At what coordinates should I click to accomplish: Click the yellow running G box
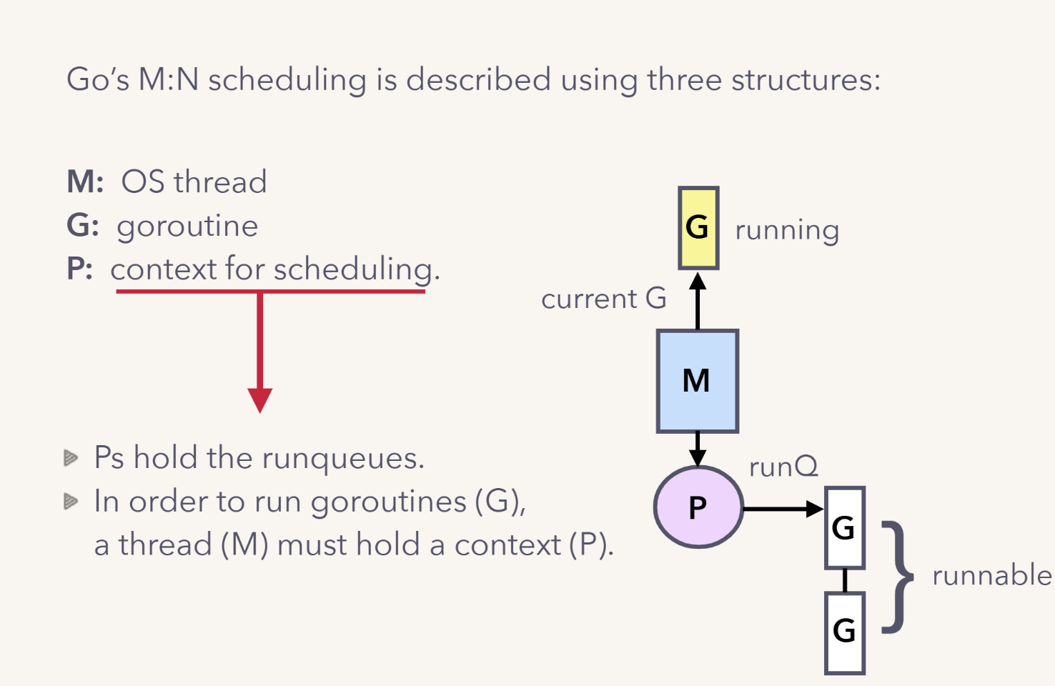point(698,228)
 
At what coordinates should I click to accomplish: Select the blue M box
point(697,381)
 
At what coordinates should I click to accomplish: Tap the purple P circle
point(698,507)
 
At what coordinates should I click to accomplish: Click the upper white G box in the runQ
point(844,528)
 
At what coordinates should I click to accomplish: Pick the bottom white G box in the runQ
point(844,632)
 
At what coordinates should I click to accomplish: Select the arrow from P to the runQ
point(783,509)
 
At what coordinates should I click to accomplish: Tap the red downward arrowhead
point(259,399)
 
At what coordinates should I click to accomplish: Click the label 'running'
point(787,230)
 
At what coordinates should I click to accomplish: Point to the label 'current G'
point(603,299)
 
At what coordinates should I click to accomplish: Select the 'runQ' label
point(783,467)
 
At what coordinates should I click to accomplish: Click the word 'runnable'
point(991,575)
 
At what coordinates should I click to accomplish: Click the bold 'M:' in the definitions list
point(85,182)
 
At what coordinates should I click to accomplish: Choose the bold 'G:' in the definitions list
point(83,225)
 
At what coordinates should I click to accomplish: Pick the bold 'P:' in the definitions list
point(79,269)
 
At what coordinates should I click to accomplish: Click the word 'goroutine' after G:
point(187,227)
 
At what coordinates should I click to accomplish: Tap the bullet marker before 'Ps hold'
point(70,457)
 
